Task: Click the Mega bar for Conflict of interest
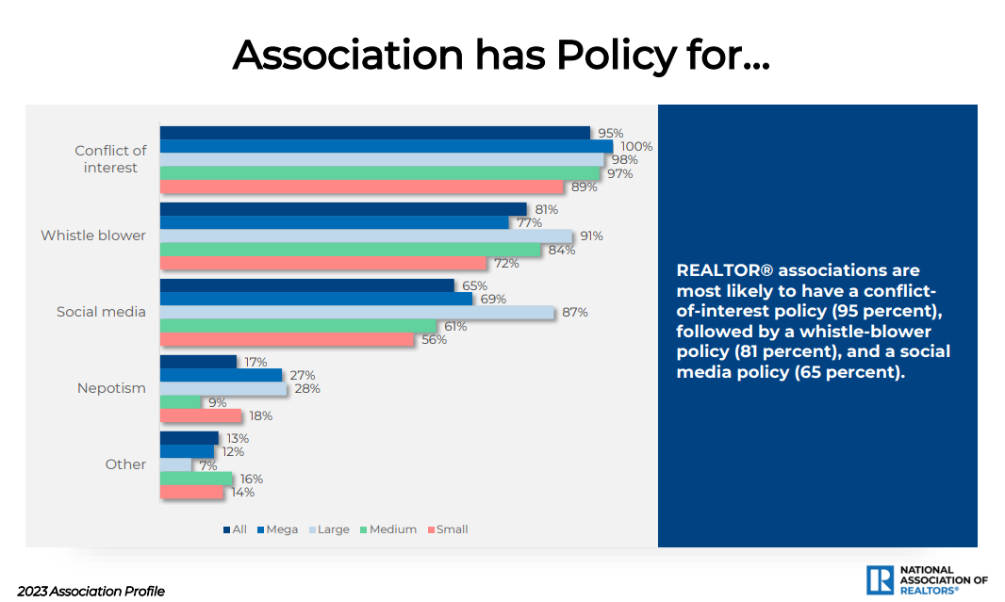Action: tap(387, 146)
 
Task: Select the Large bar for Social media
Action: tap(356, 312)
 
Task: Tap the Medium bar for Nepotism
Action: tap(181, 402)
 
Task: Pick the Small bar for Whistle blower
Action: tap(323, 263)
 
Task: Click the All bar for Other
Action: tap(189, 438)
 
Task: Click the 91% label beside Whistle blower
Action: tap(591, 236)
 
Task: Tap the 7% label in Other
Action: tap(207, 465)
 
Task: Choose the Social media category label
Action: tap(101, 312)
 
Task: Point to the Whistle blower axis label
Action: tap(93, 236)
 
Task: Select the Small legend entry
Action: tap(448, 529)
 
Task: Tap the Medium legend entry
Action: tap(388, 529)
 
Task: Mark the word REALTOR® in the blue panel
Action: tap(721, 271)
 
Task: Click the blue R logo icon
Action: tap(880, 579)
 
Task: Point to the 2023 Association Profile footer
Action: tap(91, 592)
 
